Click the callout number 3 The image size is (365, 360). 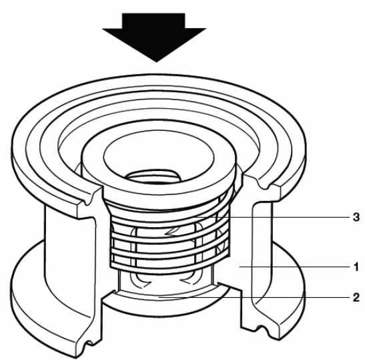[356, 217]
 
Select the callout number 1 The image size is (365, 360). [356, 266]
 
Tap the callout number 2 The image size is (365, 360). [356, 297]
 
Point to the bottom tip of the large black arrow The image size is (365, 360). [156, 62]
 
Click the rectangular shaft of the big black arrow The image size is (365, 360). [153, 21]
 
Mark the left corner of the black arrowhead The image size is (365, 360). [103, 29]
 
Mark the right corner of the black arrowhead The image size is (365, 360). [206, 29]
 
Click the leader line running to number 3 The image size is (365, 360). [272, 217]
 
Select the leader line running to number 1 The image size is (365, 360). [294, 266]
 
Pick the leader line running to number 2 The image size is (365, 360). [254, 297]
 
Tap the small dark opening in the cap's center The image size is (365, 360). [153, 176]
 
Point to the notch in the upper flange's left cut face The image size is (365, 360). [87, 201]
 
